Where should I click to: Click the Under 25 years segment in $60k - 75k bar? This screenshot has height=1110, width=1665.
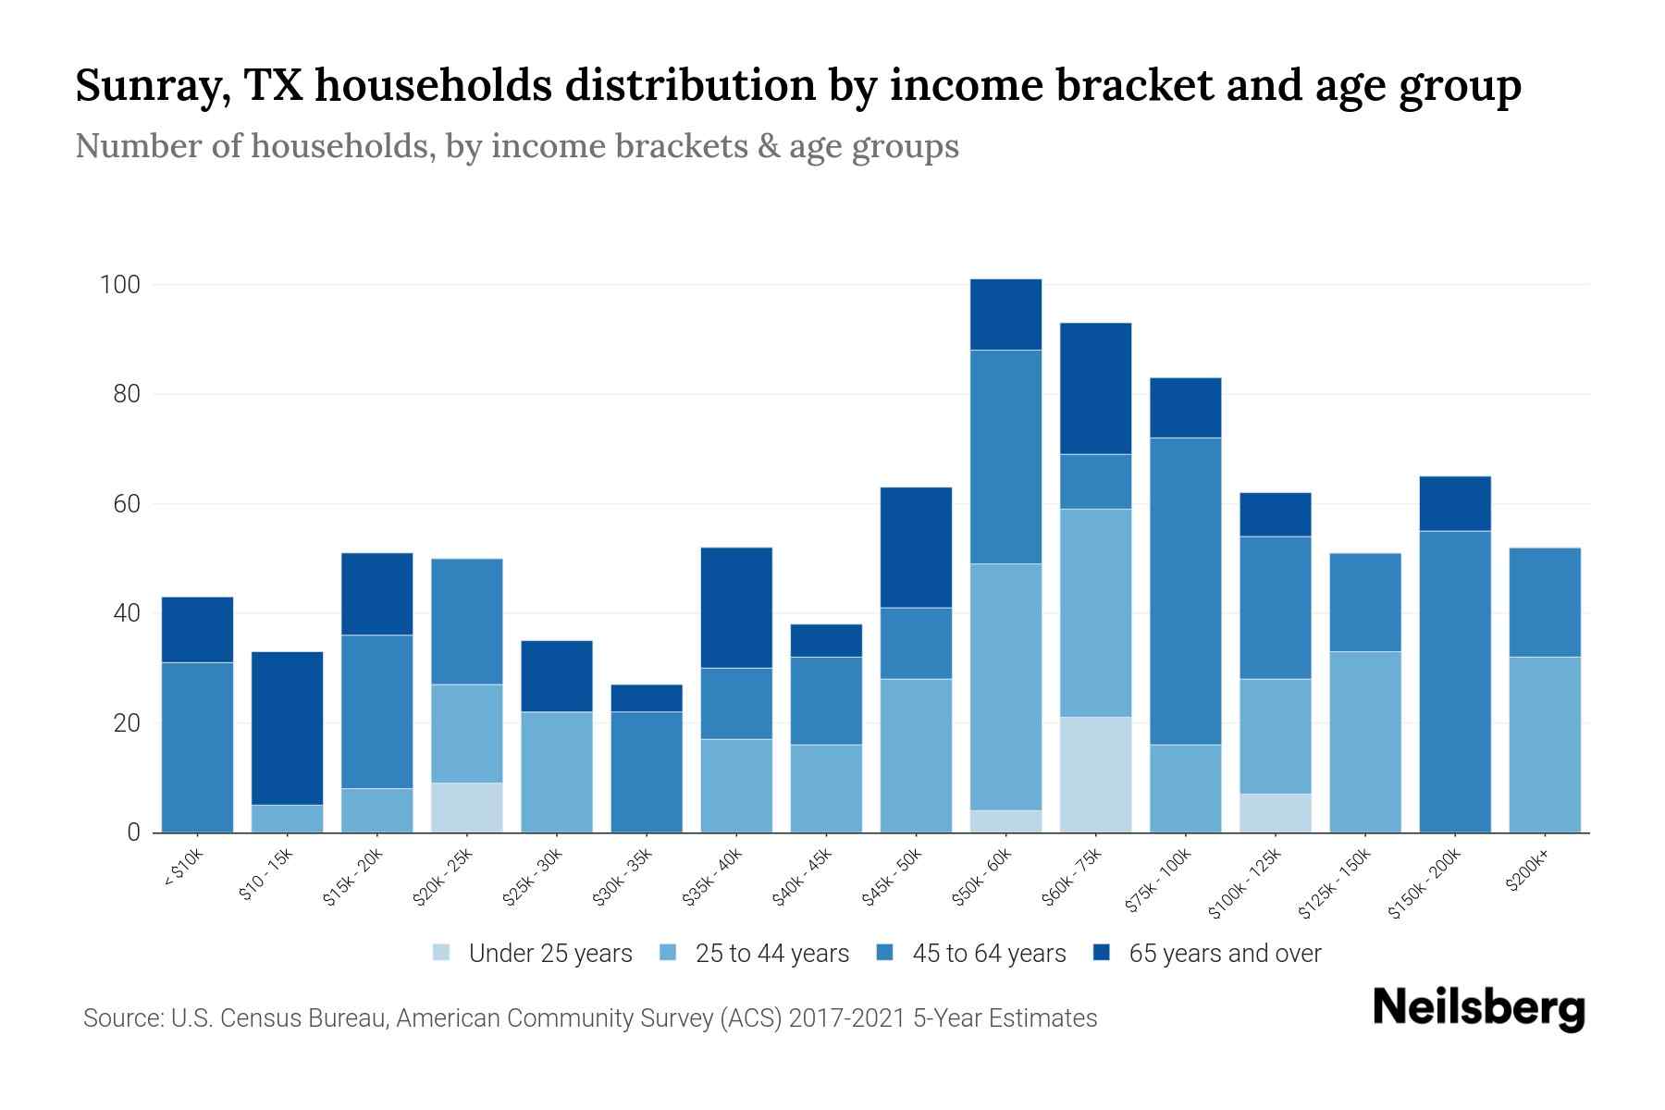pos(1096,774)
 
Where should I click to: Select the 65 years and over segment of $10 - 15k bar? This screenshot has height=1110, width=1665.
pos(288,728)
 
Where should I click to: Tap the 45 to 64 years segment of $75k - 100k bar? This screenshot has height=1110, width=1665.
pos(1186,591)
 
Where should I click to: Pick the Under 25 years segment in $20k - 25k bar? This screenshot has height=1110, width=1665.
pos(467,808)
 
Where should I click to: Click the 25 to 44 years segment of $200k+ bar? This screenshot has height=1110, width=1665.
pos(1545,745)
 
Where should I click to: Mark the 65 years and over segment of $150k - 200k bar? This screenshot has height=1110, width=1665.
pos(1455,503)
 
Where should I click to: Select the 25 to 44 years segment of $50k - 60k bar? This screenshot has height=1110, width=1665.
pos(1006,686)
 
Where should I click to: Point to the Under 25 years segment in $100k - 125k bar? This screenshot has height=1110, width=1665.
pos(1276,813)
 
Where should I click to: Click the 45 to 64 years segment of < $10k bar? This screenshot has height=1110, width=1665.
pos(198,747)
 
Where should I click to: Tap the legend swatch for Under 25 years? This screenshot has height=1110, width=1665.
pos(441,953)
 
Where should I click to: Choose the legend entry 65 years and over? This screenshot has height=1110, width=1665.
pos(1224,954)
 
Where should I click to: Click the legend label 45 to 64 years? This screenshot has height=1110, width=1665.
pos(989,954)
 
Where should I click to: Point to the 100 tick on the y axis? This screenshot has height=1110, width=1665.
pos(120,285)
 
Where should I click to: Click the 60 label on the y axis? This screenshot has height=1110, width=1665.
pos(127,504)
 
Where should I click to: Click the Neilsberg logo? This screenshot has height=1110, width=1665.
pos(1479,1007)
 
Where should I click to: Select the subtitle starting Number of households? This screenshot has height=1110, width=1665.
pos(516,146)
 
